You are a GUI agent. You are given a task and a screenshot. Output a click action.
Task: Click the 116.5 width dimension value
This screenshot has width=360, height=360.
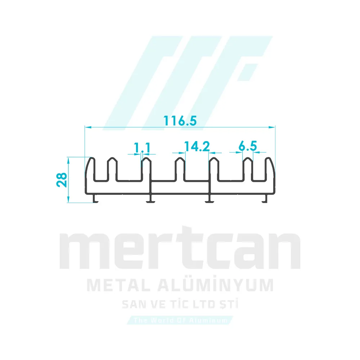click(180, 121)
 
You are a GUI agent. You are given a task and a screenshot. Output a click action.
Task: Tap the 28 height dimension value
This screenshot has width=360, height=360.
click(62, 179)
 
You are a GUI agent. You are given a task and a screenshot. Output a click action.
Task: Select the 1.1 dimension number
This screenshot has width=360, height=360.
click(142, 147)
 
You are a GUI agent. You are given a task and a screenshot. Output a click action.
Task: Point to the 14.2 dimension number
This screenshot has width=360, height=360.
click(197, 146)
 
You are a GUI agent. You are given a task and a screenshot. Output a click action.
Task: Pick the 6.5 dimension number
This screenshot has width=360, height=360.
click(247, 146)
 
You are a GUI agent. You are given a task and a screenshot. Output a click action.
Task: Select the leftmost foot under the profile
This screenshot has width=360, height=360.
click(95, 198)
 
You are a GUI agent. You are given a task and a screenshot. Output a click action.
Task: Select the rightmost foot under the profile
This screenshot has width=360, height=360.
click(266, 198)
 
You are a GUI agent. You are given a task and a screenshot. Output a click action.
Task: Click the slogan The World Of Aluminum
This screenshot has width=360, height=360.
click(180, 320)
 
